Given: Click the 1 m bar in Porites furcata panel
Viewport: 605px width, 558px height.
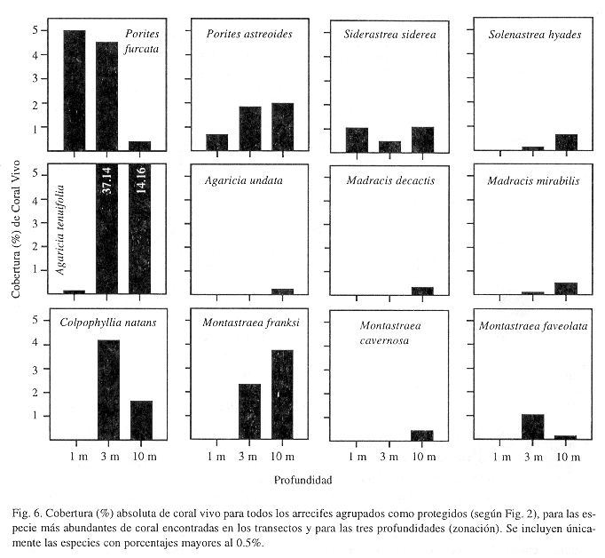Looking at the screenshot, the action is point(75,91).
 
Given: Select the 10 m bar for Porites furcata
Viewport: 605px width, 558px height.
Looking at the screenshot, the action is point(139,146).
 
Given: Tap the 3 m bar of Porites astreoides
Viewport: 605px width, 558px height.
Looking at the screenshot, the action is point(250,129).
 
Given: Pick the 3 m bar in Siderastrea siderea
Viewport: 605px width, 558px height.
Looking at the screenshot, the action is point(389,147).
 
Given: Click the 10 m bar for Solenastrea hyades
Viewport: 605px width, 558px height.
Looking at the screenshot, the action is point(567,142).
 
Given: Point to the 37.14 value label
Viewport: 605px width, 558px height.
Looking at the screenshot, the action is point(106,180).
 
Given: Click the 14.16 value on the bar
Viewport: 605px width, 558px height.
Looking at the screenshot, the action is point(140,180).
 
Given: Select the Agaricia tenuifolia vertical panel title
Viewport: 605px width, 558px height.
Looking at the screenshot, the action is point(59,230).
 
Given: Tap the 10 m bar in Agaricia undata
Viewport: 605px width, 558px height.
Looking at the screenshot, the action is point(282,291).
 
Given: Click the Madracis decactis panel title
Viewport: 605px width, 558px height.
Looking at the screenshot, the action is point(390,180).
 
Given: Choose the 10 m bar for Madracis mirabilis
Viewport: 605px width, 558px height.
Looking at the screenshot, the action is point(566,289).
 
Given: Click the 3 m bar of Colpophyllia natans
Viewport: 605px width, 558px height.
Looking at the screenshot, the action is point(108,390).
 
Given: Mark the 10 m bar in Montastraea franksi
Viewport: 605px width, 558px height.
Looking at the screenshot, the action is point(282,395).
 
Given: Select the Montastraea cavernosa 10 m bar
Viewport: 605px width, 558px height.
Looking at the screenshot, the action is point(422,435).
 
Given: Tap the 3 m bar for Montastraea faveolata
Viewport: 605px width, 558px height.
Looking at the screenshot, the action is point(533,426).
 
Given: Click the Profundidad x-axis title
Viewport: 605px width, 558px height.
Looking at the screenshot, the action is point(302,481).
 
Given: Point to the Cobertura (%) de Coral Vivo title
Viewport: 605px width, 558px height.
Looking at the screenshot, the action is point(16,229).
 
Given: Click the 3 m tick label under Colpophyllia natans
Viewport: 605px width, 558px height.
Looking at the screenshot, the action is point(110,457).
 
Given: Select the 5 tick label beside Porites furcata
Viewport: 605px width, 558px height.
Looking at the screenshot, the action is point(35,30).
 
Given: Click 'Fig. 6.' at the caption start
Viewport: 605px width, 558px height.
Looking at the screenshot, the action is point(27,514).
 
